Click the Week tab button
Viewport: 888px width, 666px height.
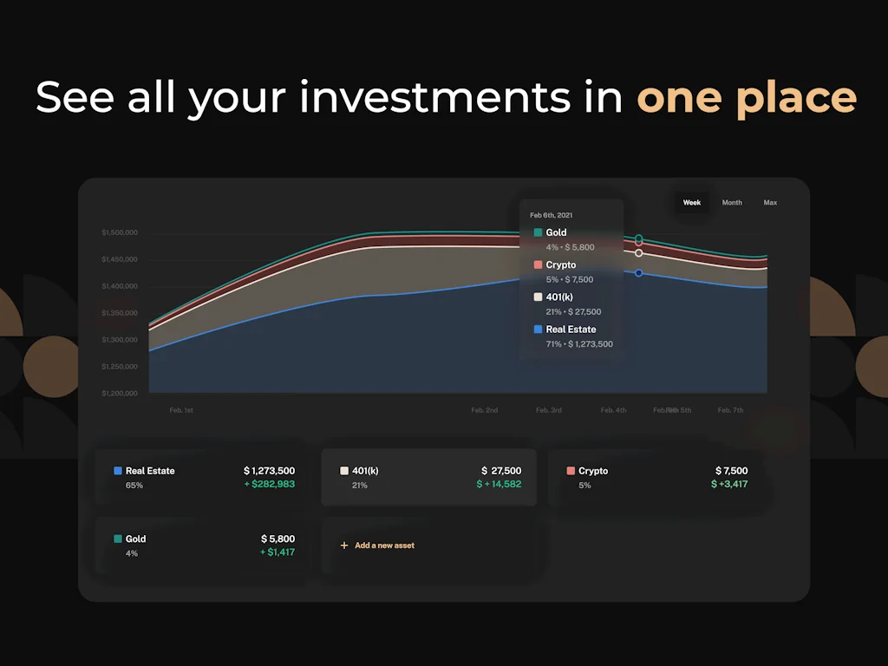(692, 203)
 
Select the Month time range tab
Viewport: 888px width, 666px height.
(732, 203)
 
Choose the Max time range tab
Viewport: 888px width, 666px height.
(770, 203)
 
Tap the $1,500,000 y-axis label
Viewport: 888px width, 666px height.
(120, 232)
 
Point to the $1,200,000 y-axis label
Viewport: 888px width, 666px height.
(120, 394)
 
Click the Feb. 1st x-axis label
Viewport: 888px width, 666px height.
(181, 410)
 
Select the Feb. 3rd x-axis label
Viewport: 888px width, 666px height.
(549, 410)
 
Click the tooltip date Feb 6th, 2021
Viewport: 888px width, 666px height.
(552, 215)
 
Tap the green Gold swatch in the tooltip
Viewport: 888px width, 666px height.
(539, 232)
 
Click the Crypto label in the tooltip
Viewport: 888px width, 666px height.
(561, 265)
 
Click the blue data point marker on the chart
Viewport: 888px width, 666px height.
(639, 273)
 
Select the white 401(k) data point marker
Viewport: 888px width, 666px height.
(639, 253)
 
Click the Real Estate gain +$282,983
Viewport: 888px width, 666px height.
(270, 484)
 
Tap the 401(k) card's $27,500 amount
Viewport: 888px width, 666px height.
(501, 471)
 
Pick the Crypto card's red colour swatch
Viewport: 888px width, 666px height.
(571, 471)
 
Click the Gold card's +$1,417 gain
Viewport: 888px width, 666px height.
(277, 552)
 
